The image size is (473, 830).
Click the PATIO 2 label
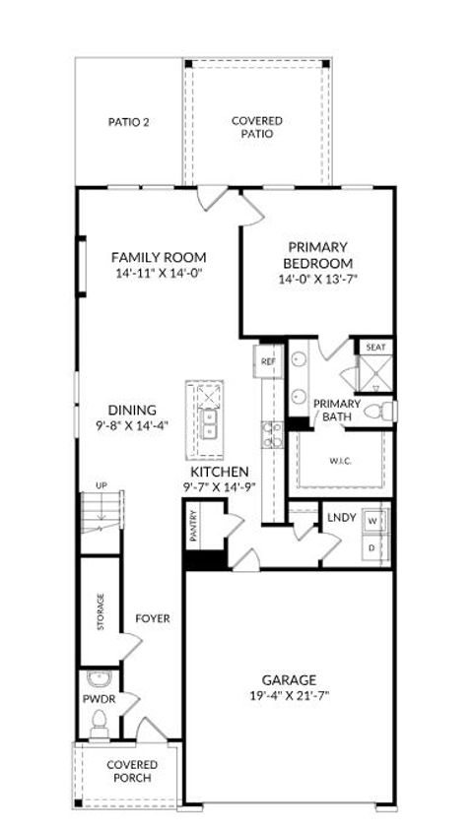pos(128,123)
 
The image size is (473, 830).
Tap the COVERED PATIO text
pos(257,128)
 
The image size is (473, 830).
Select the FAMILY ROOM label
pos(158,257)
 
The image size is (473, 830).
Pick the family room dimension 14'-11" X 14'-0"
pos(158,274)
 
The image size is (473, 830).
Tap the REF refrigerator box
pos(268,361)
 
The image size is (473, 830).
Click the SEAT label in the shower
pos(375,348)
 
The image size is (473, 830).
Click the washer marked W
pos(373,519)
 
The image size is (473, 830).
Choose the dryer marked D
pos(373,544)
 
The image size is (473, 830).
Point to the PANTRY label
pos(194,527)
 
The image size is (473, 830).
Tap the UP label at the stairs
pos(101,485)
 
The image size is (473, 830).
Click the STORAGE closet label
pos(101,612)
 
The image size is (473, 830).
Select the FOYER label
pos(153,619)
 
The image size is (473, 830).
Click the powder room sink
pos(98,678)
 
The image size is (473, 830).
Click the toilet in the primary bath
pos(379,412)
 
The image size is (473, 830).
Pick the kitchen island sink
pos(209,424)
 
